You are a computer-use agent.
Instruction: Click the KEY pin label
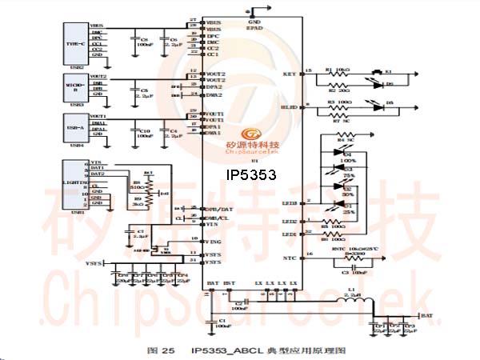(289, 74)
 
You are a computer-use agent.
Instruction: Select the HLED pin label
(288, 106)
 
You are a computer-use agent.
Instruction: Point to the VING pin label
(214, 239)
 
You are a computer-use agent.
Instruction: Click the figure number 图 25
(160, 350)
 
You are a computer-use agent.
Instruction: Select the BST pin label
(228, 283)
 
